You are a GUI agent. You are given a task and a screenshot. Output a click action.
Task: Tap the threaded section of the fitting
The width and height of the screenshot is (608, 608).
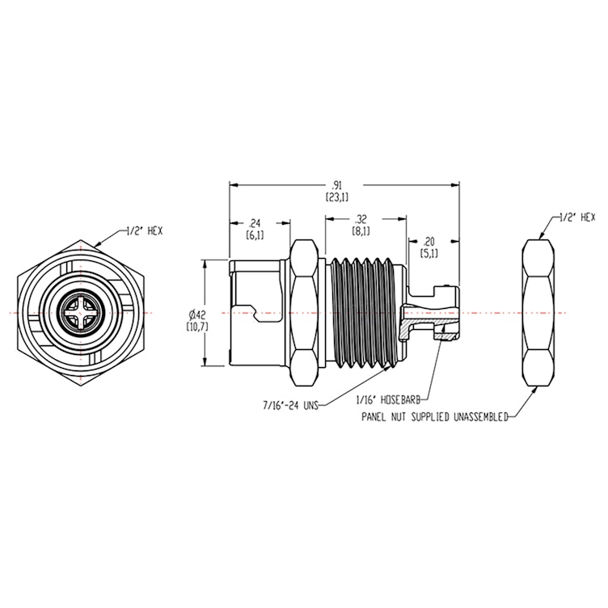362,312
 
